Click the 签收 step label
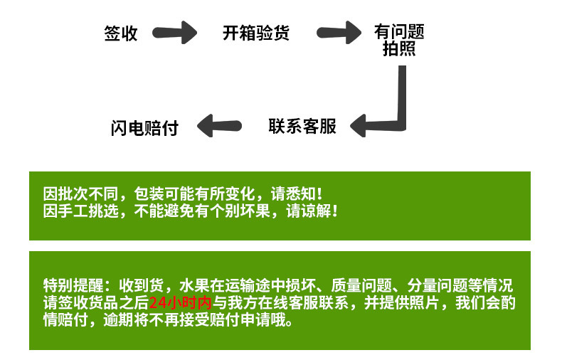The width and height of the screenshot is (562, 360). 121,33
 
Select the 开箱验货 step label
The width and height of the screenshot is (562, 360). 256,33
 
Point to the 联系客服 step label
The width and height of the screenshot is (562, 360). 302,127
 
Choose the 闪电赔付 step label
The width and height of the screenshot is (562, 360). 144,128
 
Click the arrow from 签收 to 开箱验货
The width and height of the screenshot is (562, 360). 175,32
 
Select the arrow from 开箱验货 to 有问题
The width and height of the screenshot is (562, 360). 339,32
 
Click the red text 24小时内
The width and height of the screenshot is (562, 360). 181,303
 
